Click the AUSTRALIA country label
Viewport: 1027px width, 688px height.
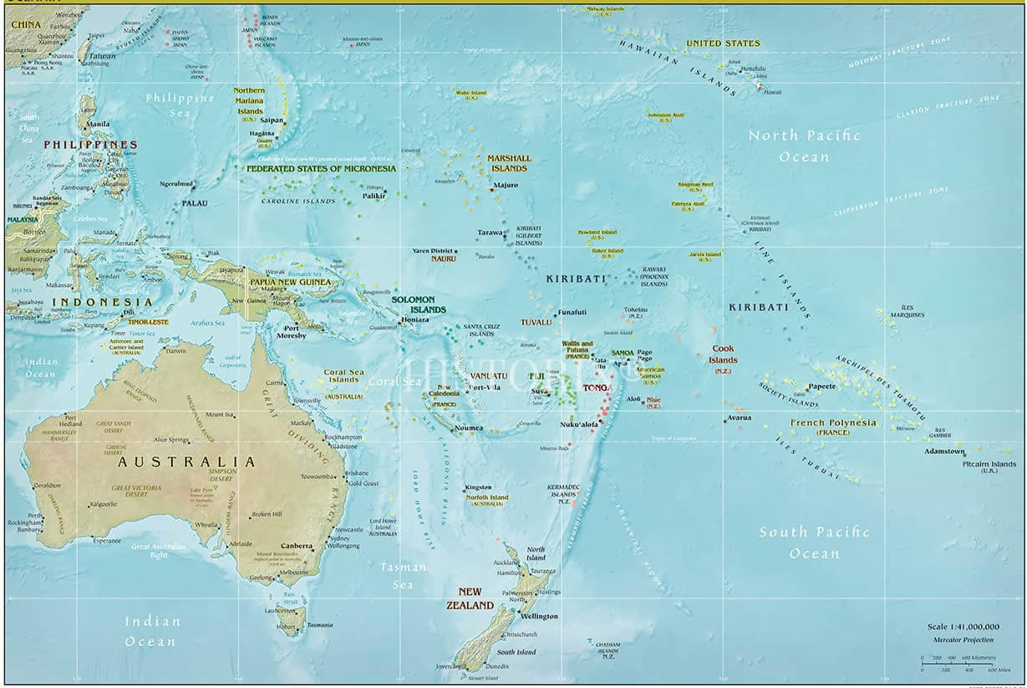tap(186, 461)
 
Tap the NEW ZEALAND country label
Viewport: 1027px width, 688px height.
tap(470, 599)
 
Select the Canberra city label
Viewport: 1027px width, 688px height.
tap(297, 546)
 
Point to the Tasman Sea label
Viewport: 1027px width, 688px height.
tap(404, 575)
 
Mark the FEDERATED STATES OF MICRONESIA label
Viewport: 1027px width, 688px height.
tap(321, 168)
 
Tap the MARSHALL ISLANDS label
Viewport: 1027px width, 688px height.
tap(509, 163)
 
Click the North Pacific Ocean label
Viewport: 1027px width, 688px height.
tap(804, 145)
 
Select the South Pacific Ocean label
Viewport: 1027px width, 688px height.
tap(814, 542)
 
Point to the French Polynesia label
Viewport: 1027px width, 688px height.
tap(833, 423)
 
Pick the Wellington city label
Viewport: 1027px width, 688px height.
tap(539, 616)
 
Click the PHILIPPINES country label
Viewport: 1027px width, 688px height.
tap(90, 145)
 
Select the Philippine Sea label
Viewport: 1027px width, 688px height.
tap(180, 104)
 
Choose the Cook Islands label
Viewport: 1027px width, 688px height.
tap(724, 354)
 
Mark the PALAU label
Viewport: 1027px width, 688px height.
tap(195, 203)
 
